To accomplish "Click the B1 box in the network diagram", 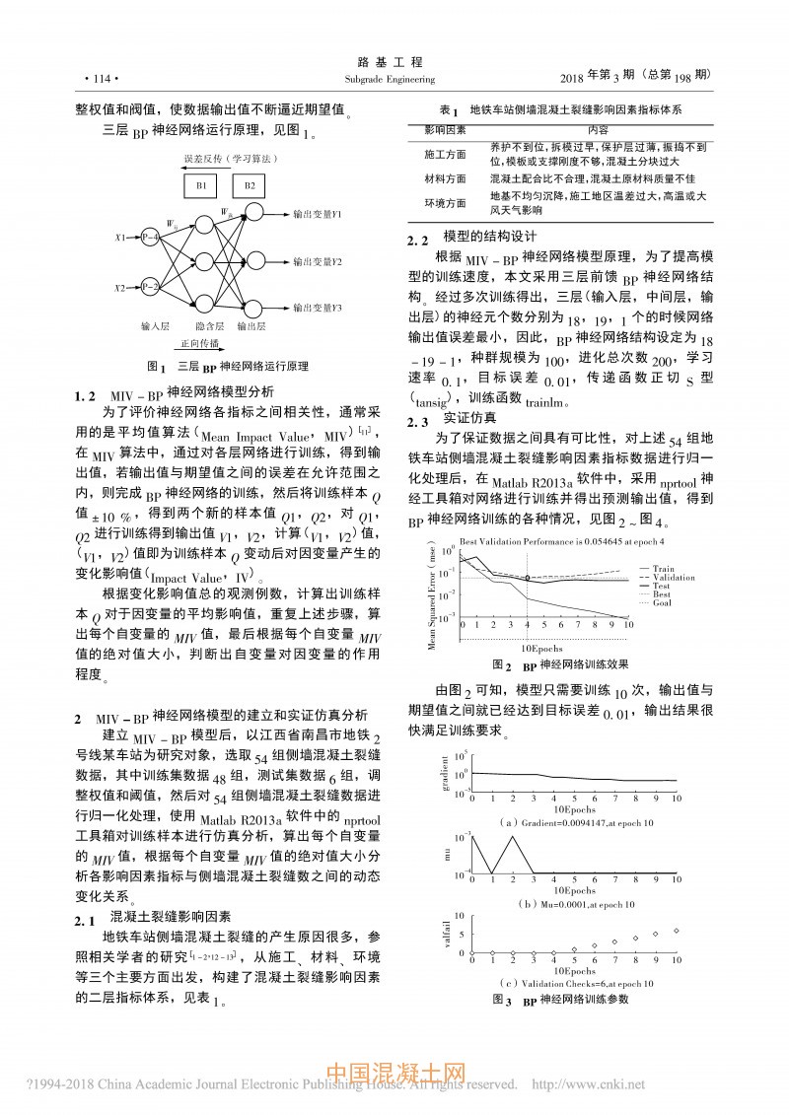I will pyautogui.click(x=201, y=185).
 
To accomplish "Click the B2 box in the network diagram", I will pyautogui.click(x=249, y=185).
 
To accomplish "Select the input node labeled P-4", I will pyautogui.click(x=150, y=237).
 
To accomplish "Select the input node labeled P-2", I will pyautogui.click(x=150, y=287).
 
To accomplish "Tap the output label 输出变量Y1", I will pyautogui.click(x=317, y=213).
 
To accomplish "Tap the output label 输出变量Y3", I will pyautogui.click(x=317, y=308).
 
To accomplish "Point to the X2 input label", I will pyautogui.click(x=120, y=288).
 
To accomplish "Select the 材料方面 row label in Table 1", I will pyautogui.click(x=445, y=179).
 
